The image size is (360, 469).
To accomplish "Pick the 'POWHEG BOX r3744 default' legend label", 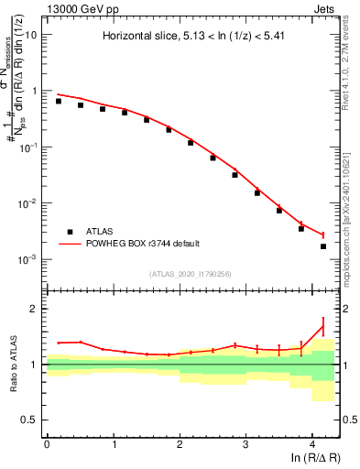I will pyautogui.click(x=143, y=244).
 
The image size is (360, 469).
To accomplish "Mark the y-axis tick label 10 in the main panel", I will pyautogui.click(x=31, y=35).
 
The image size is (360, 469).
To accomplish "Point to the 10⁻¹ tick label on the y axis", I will pyautogui.click(x=29, y=147).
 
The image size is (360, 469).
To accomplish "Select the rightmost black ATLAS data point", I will pyautogui.click(x=323, y=246).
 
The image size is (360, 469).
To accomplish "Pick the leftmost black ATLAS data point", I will pyautogui.click(x=59, y=101).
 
